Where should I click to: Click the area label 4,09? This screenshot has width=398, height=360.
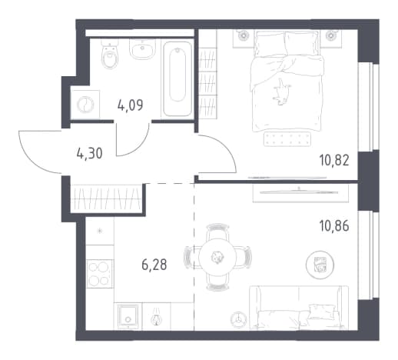130,105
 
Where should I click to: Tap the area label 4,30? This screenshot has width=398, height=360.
90,154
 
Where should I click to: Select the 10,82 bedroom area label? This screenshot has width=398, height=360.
334,161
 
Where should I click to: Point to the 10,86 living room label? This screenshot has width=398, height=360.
334,226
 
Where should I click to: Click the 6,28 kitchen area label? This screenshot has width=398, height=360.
154,265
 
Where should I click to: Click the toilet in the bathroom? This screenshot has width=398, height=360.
110,55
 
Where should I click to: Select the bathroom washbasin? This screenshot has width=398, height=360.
142,48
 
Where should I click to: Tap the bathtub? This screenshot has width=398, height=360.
177,78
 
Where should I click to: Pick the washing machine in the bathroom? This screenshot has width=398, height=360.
85,105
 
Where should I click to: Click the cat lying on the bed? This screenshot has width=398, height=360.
282,92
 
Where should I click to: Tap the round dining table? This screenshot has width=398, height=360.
217,258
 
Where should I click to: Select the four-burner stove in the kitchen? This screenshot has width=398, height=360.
100,274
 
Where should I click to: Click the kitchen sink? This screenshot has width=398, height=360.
129,316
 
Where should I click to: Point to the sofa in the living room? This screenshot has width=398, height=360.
299,308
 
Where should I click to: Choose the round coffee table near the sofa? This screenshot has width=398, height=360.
320,265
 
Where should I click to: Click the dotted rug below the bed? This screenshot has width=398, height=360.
287,138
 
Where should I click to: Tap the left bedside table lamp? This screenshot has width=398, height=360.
242,35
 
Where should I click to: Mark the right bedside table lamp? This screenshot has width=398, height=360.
331,35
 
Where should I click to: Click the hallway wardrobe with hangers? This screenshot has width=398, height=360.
107,198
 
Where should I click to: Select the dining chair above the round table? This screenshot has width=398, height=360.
217,230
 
